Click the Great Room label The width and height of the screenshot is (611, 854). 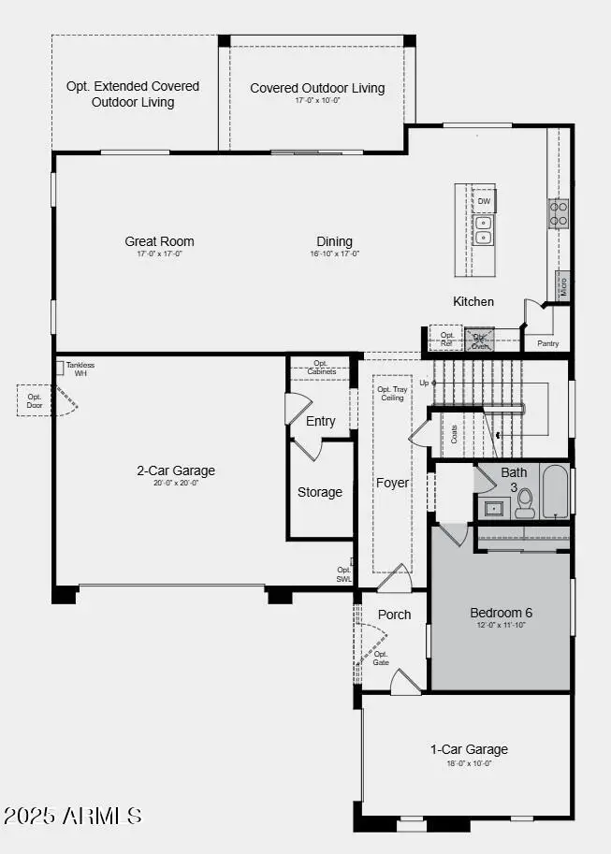[159, 241]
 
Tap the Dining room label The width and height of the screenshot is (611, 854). [334, 241]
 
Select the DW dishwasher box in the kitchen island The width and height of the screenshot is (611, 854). [484, 201]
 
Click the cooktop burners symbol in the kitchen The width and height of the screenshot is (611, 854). [559, 214]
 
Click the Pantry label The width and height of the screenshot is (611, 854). [548, 343]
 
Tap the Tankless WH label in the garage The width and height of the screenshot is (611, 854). [79, 369]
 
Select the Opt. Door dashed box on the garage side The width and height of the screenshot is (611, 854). [35, 401]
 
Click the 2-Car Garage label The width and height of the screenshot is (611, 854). [176, 470]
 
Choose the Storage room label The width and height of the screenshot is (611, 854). [320, 492]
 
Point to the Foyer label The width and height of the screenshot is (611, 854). [393, 483]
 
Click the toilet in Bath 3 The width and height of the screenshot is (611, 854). [525, 503]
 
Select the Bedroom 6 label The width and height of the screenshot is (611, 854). [501, 613]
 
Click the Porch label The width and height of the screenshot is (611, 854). [394, 615]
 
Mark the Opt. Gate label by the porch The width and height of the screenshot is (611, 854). [381, 659]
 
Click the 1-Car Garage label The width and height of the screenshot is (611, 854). [469, 748]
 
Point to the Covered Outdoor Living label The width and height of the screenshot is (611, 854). [317, 88]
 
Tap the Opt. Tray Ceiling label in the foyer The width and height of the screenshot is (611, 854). [391, 393]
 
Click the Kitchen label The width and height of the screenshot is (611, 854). [473, 301]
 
